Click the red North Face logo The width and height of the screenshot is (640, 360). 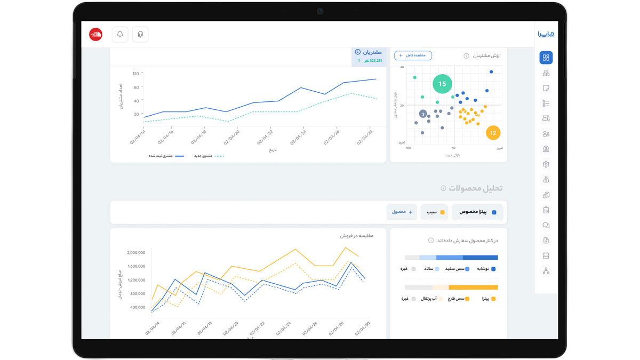(95, 34)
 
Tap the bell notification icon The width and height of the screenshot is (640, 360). (120, 34)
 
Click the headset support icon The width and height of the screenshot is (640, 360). (140, 34)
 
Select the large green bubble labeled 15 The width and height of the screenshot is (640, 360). (442, 84)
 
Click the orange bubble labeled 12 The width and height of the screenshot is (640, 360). (493, 133)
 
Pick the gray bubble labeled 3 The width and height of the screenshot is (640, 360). (423, 114)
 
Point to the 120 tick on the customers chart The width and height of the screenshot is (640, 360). (135, 74)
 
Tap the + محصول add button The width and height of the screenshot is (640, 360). (402, 212)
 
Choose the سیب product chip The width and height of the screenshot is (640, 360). (434, 212)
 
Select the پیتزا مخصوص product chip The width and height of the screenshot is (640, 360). (477, 212)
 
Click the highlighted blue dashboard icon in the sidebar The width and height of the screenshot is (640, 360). (546, 58)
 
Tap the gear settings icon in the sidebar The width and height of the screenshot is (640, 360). (546, 164)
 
